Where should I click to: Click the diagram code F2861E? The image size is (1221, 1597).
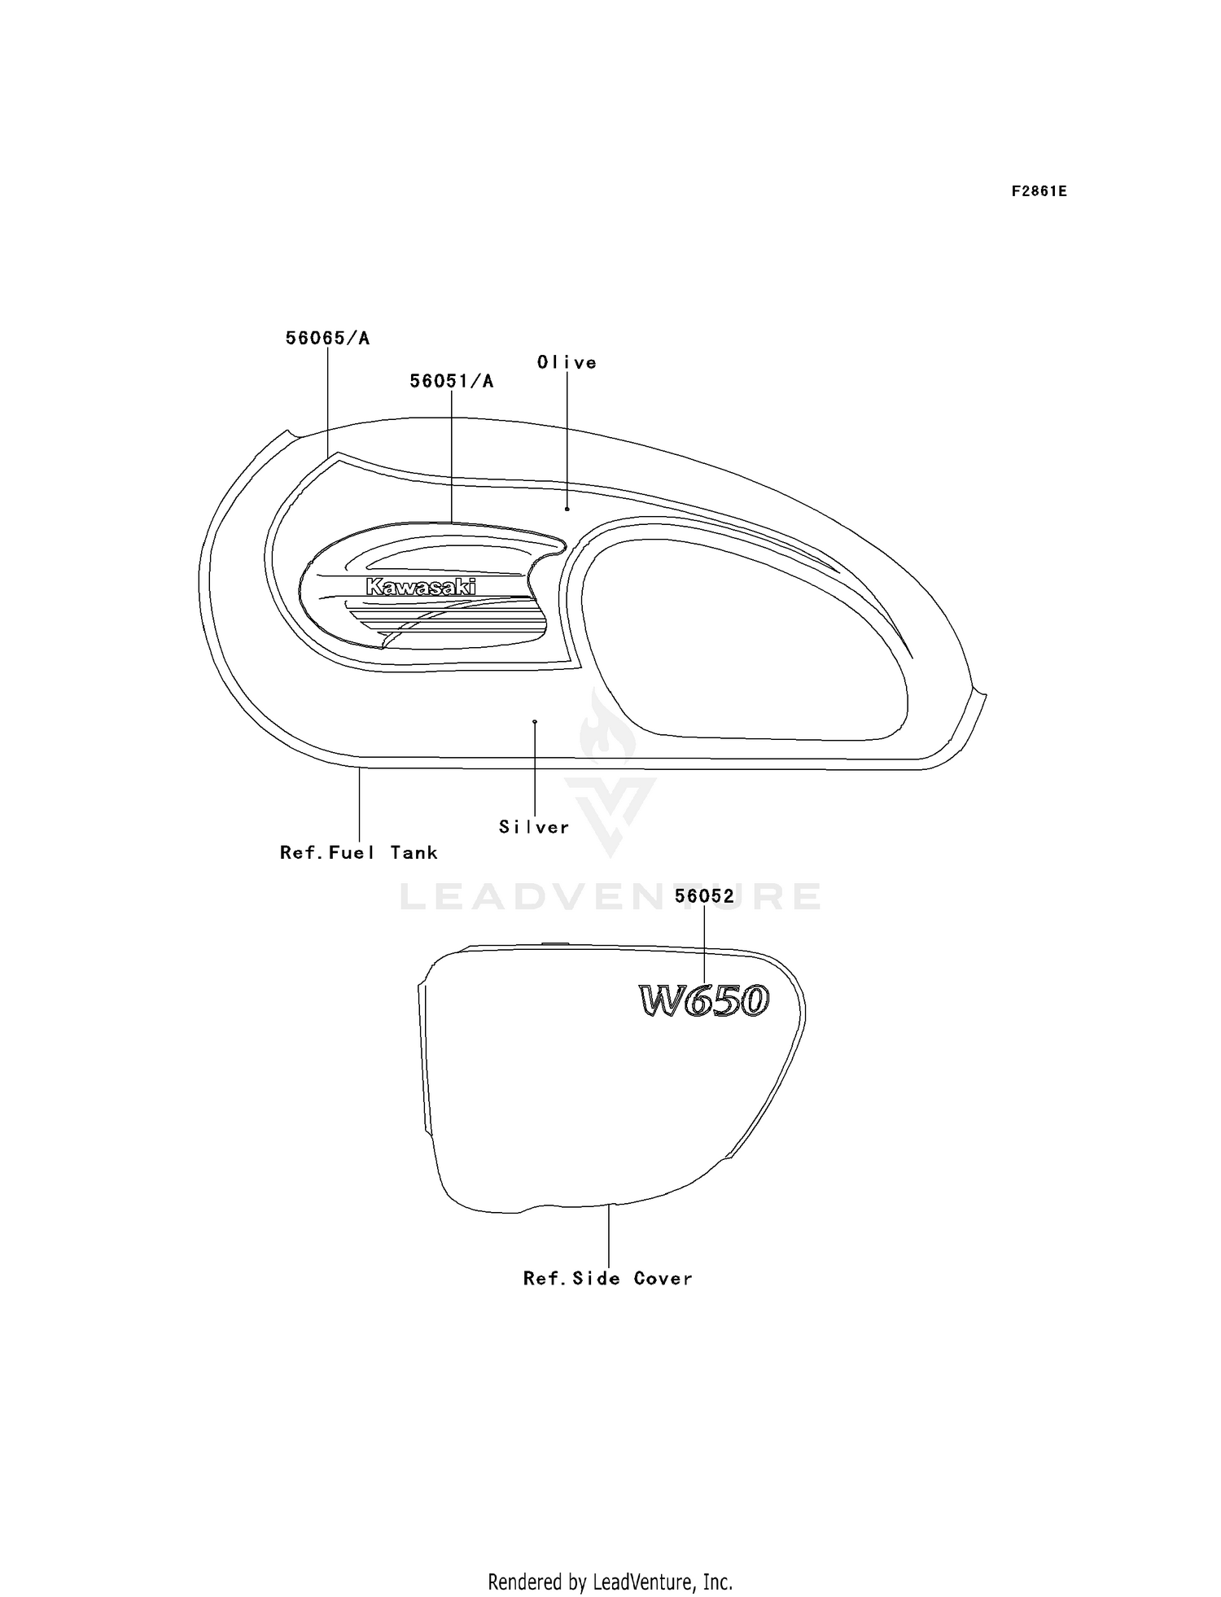pos(1039,191)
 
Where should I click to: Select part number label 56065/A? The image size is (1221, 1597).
pos(327,338)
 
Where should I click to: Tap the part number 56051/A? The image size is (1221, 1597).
pos(451,381)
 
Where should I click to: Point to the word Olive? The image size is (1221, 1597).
pos(567,362)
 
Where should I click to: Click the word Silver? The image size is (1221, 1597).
pos(534,827)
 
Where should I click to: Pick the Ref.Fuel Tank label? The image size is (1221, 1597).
pos(359,852)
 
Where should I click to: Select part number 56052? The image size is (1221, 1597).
pos(705,896)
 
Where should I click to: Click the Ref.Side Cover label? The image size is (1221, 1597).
pos(608,1278)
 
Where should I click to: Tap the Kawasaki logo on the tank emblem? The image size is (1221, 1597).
pos(421,587)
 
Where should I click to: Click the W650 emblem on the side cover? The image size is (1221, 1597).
pos(704,1000)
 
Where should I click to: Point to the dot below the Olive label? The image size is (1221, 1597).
pos(567,509)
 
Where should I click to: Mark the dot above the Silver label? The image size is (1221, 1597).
pos(535,722)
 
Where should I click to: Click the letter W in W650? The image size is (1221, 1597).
pos(660,1001)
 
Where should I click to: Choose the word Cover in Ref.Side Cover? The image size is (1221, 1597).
pos(663,1278)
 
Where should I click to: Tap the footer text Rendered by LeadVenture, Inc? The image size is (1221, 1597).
pos(610,1582)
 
